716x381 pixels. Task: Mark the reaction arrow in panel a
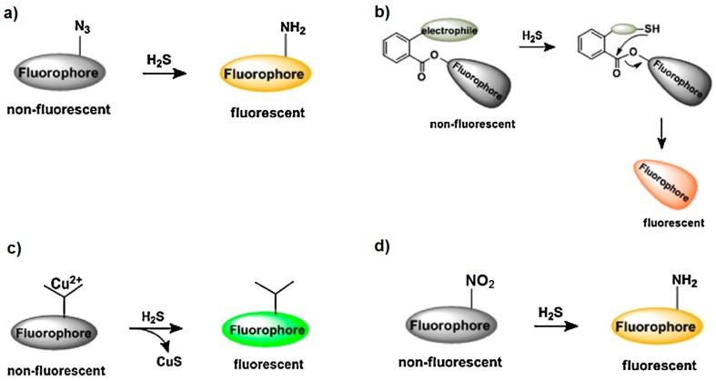click(x=172, y=73)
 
